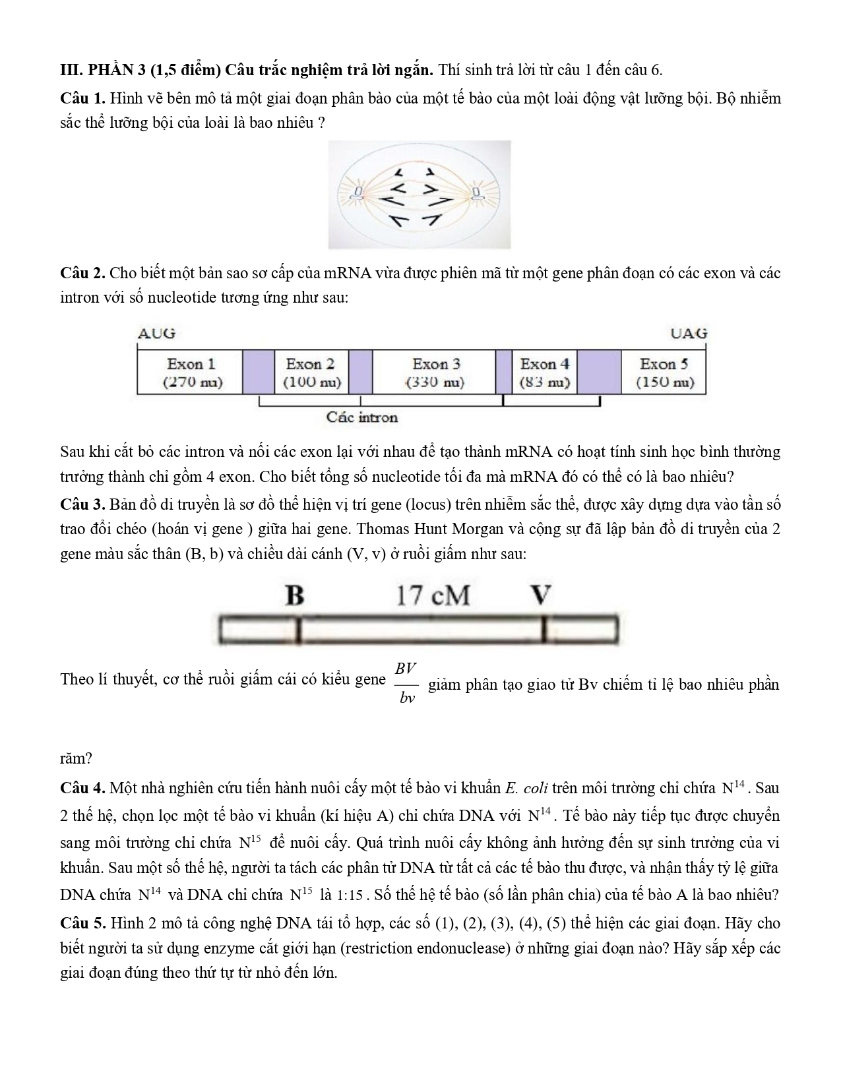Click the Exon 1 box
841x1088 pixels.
[x=190, y=373]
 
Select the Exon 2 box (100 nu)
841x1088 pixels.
[x=311, y=373]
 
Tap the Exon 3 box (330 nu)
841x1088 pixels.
[x=435, y=373]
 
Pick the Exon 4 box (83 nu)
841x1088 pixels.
[x=544, y=373]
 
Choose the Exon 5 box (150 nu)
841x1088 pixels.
[x=664, y=373]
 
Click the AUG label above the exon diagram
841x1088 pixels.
[x=156, y=333]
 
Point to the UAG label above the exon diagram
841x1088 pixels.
[x=688, y=333]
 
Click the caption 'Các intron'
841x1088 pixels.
[x=362, y=417]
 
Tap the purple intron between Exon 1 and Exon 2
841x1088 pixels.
[x=258, y=373]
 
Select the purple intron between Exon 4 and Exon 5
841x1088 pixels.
[x=599, y=373]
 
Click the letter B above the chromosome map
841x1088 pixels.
[x=295, y=595]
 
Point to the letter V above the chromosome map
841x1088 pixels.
[x=541, y=595]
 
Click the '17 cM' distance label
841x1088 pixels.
[x=433, y=595]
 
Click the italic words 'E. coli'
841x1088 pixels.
[x=526, y=788]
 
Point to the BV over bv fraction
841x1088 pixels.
[x=406, y=682]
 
